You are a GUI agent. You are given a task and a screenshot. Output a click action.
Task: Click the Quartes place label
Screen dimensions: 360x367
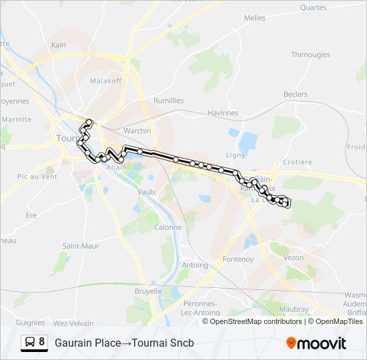click(x=314, y=8)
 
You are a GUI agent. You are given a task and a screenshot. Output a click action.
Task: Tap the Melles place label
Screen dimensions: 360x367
click(x=255, y=18)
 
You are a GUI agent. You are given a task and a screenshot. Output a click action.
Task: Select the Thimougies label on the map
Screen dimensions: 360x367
click(x=310, y=55)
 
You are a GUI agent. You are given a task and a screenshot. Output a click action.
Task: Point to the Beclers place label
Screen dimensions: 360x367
click(x=296, y=95)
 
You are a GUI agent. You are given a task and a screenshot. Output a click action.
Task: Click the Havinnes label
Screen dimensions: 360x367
click(x=223, y=113)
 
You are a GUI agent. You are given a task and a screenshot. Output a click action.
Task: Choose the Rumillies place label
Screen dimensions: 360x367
click(x=169, y=101)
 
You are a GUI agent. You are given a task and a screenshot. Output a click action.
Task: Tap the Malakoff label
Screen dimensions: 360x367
click(x=105, y=80)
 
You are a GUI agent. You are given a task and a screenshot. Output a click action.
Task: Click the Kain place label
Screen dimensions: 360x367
click(x=59, y=45)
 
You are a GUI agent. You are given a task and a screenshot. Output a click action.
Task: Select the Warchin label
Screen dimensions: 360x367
click(x=137, y=131)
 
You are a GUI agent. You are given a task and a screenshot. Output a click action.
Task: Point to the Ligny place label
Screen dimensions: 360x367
click(x=236, y=155)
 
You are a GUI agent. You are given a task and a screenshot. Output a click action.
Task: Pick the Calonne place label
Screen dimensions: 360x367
click(x=167, y=227)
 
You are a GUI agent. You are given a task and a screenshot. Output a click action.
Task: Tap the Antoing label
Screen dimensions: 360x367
click(x=195, y=265)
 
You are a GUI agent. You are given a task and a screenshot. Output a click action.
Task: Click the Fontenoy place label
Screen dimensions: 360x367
click(x=238, y=259)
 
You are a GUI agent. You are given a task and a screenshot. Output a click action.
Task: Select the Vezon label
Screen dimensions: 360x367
click(x=294, y=257)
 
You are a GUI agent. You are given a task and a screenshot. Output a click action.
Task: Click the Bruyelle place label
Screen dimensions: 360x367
click(x=148, y=291)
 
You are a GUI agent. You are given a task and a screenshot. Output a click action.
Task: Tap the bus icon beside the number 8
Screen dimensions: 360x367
click(x=31, y=342)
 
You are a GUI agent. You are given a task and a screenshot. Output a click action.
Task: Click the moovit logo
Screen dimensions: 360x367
click(x=316, y=343)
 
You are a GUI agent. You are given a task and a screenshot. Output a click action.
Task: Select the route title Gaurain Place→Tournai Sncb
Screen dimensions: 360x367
click(x=123, y=343)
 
